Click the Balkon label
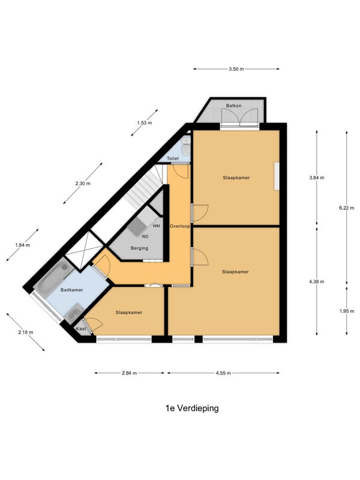[x=234, y=106]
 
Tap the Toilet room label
[x=173, y=158]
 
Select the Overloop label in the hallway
[x=179, y=226]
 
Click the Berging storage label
[x=139, y=248]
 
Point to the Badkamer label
[x=71, y=290]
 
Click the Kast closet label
[x=81, y=329]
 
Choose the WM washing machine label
[x=156, y=226]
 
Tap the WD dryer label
[x=145, y=236]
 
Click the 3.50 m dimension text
[x=236, y=69]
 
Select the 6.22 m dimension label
[x=346, y=208]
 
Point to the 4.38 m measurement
[x=317, y=281]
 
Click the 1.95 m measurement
[x=346, y=311]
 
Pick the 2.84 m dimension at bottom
[x=129, y=373]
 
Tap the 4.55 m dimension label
[x=223, y=373]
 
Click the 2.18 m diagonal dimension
[x=26, y=332]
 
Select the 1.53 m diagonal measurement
[x=144, y=123]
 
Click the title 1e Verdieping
[x=192, y=409]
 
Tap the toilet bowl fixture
[x=186, y=150]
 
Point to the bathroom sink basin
[x=74, y=313]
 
